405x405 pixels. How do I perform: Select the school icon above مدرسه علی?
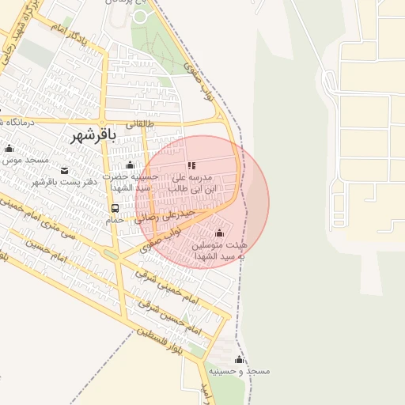coord(191,165)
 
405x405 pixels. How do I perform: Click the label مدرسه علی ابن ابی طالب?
coord(189,183)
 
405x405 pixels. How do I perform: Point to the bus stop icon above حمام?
coord(115,209)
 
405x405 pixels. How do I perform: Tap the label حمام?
coord(115,221)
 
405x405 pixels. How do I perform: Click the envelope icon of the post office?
coord(64,170)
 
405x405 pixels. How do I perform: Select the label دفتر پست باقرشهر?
coord(63,182)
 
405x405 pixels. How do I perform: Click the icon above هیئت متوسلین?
coord(219,233)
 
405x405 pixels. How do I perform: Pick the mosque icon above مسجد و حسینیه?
coord(239,360)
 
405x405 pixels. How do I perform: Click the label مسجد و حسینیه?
coord(240,371)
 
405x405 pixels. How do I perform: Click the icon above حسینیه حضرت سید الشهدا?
coord(131,165)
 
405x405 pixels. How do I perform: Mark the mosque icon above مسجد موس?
coord(9,148)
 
